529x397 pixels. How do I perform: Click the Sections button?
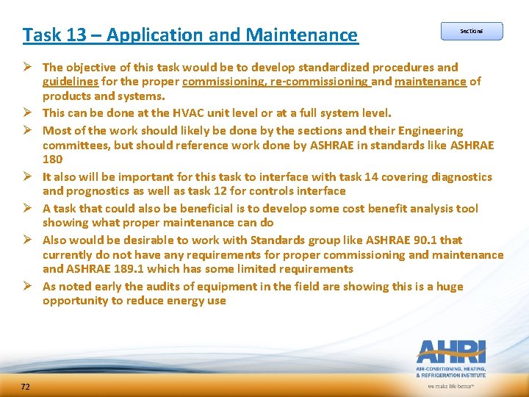coord(471,31)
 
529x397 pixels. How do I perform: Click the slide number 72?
coord(26,387)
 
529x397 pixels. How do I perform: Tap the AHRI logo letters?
coord(450,351)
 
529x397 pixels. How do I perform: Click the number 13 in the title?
coord(68,35)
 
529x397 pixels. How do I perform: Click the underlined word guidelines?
coord(71,82)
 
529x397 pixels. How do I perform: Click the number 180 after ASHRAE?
coord(53,160)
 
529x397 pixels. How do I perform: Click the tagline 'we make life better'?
coord(451,386)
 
